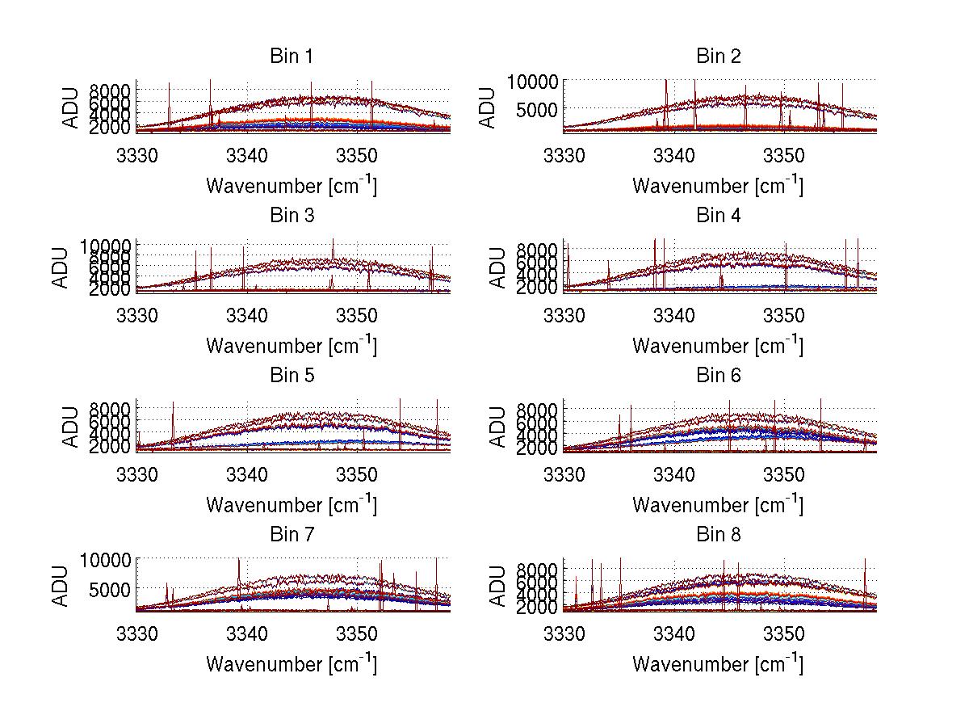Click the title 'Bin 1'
click(x=292, y=57)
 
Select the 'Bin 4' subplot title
click(x=718, y=216)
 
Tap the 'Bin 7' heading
click(x=292, y=535)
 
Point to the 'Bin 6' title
click(x=718, y=376)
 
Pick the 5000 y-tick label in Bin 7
click(x=107, y=590)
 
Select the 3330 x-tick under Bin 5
click(x=137, y=473)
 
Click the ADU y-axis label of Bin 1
click(x=72, y=107)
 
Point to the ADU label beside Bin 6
click(x=498, y=426)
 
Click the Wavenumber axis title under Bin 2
click(x=718, y=185)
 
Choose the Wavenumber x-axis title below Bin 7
click(x=292, y=663)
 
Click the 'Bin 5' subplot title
click(x=292, y=376)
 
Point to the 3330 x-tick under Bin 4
click(x=564, y=314)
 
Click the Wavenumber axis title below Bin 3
click(x=292, y=345)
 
